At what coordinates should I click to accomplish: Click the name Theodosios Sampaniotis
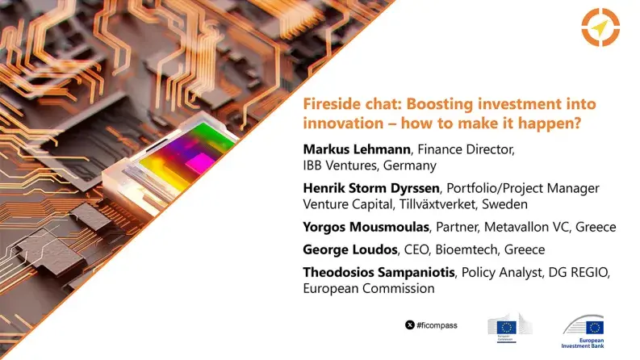pos(380,272)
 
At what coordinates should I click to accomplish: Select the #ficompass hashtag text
pos(441,324)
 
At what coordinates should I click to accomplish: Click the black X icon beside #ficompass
pos(410,324)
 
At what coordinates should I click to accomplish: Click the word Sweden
pos(504,205)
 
